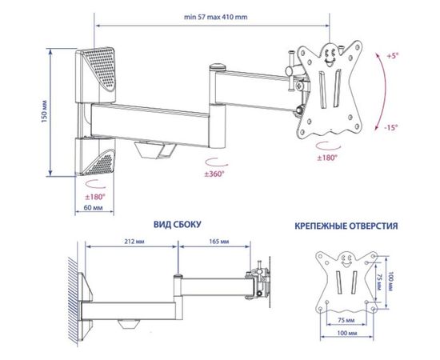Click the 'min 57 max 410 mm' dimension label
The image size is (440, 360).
(x=215, y=17)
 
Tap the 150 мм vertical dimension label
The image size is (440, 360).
(x=44, y=111)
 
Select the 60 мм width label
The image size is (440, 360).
(x=94, y=208)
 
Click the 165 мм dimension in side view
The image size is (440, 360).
(x=219, y=242)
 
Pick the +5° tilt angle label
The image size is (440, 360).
(x=393, y=56)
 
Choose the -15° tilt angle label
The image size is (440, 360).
(x=391, y=128)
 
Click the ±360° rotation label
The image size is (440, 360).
(x=214, y=174)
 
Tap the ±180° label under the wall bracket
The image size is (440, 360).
(x=95, y=197)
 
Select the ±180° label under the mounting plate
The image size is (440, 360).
(x=327, y=158)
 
